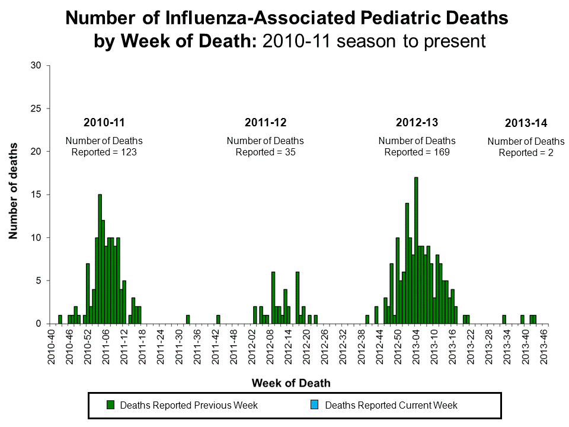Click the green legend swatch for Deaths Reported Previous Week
click(110, 405)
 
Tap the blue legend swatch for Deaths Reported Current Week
click(315, 405)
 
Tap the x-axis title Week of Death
click(291, 383)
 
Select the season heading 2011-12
click(265, 123)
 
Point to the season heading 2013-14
click(526, 123)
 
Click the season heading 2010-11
click(104, 123)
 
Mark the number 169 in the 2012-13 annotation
click(442, 152)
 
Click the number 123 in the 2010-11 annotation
click(129, 152)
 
